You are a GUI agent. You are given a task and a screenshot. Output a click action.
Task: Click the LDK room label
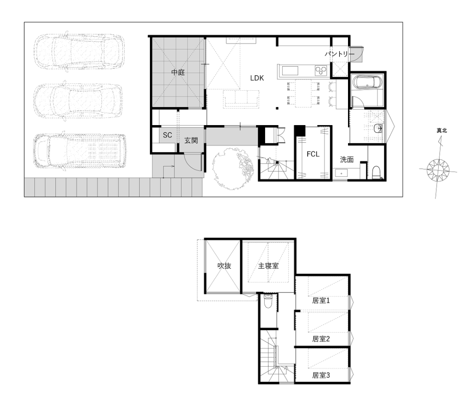click(x=257, y=78)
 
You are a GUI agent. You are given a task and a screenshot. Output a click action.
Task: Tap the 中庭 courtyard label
click(x=178, y=72)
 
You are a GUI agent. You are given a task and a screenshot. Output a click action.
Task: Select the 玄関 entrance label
click(x=191, y=141)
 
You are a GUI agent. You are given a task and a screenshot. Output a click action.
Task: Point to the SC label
click(x=168, y=135)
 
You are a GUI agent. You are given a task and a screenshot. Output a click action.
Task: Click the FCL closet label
click(x=313, y=154)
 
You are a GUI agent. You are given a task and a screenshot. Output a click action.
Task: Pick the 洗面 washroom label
click(x=347, y=160)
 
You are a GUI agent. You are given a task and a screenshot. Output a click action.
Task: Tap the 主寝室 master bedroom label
click(x=268, y=266)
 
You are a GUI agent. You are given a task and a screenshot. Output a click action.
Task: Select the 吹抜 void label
click(x=224, y=266)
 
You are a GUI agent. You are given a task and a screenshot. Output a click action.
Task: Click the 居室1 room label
click(x=321, y=301)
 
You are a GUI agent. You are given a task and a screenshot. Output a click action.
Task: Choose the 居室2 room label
click(x=321, y=339)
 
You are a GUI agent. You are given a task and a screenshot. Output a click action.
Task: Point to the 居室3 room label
click(x=321, y=375)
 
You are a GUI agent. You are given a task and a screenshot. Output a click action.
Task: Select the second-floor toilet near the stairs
click(x=268, y=301)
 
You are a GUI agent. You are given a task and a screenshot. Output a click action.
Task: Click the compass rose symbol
click(x=438, y=170)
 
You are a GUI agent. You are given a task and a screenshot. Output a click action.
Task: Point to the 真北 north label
click(x=442, y=130)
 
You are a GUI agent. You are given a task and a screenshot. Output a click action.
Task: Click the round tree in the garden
click(x=232, y=169)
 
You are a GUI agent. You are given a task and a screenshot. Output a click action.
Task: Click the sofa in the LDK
click(x=242, y=98)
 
